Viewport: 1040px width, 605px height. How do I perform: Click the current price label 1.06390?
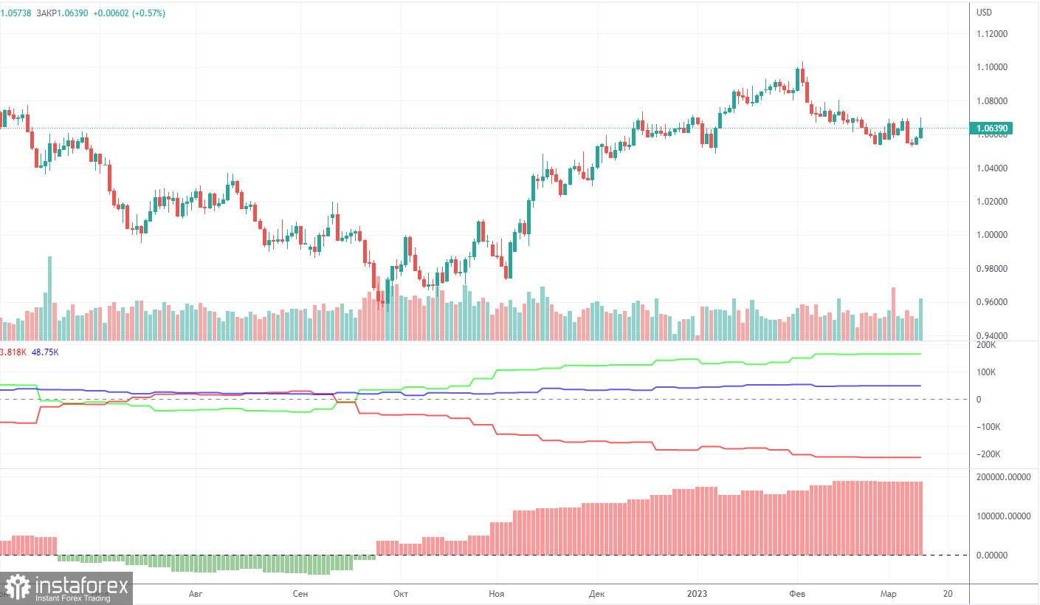tap(993, 129)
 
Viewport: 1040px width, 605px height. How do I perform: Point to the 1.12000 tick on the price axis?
tap(992, 34)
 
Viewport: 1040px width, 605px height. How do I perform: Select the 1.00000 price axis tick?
tap(992, 235)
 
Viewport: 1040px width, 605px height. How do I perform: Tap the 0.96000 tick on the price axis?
tap(992, 302)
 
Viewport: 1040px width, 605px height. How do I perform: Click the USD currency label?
tap(985, 13)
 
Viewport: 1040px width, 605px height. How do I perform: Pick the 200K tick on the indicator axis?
tap(986, 345)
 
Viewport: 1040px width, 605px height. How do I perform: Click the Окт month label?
tap(401, 593)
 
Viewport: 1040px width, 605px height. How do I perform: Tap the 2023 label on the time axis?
tap(697, 593)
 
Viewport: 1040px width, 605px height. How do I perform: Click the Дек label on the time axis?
tap(596, 593)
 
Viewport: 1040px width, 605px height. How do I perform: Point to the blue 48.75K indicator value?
tap(45, 352)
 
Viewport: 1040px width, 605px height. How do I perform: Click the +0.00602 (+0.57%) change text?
tap(129, 13)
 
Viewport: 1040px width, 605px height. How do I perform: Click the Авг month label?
tap(196, 593)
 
